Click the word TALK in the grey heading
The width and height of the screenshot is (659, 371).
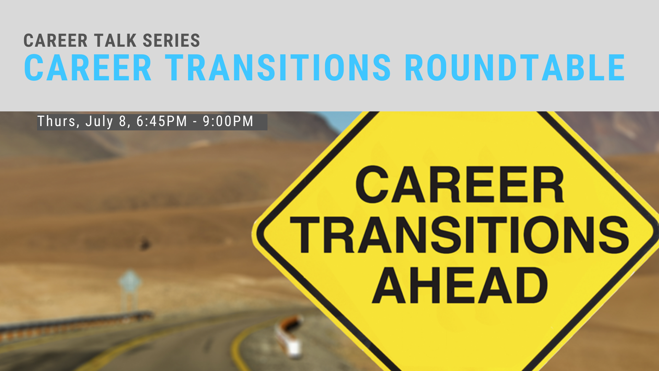[x=115, y=41]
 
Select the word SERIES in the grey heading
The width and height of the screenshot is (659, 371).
[x=171, y=41]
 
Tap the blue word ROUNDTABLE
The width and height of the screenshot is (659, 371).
[x=515, y=68]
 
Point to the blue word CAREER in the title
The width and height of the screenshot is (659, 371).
[x=88, y=68]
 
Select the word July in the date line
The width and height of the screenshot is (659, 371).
[x=99, y=122]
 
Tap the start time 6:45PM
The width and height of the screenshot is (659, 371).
[x=162, y=121]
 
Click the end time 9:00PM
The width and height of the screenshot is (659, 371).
[x=228, y=121]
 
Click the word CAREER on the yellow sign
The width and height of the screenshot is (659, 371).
[x=460, y=184]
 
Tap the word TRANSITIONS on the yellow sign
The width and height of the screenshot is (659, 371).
[x=460, y=235]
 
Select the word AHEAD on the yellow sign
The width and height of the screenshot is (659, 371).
[x=460, y=285]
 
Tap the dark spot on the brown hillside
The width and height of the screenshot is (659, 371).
[x=145, y=244]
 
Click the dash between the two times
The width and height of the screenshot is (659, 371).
[x=195, y=122]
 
